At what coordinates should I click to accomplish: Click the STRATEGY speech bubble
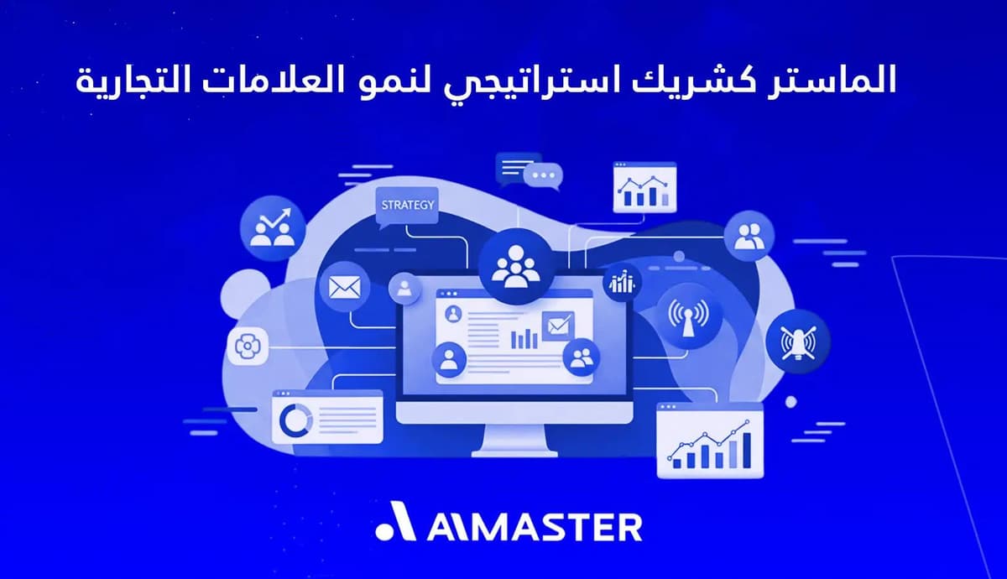(x=408, y=206)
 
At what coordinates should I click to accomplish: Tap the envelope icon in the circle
(x=344, y=287)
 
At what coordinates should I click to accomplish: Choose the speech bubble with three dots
(x=542, y=176)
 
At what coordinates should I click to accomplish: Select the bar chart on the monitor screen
(x=524, y=337)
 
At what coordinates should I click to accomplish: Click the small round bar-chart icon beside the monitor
(x=622, y=283)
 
